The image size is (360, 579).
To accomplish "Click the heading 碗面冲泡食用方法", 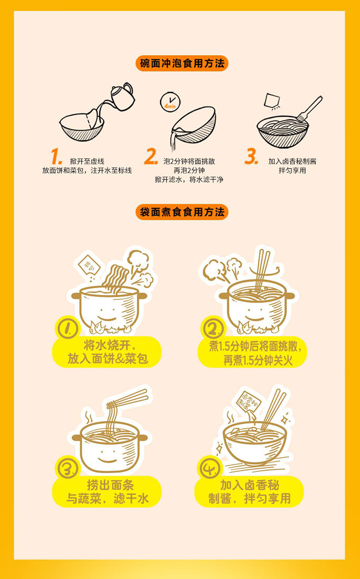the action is point(182,63).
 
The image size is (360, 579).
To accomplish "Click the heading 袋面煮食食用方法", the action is point(182,212).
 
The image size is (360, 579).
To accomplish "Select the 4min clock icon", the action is point(170,102).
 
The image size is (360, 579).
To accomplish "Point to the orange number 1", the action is point(56,157).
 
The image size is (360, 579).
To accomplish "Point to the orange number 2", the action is point(151,156).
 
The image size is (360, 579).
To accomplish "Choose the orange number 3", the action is point(251,156).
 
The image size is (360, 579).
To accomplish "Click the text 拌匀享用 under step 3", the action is point(292,170).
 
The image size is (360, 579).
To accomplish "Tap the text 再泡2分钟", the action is point(189,170).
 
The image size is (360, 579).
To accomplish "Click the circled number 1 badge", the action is point(68,328).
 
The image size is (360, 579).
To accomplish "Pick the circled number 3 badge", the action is point(68,468).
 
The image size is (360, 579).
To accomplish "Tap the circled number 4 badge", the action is point(210,468).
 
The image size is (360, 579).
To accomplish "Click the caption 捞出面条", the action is point(110,485).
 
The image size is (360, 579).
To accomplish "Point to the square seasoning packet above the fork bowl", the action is point(272,100).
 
